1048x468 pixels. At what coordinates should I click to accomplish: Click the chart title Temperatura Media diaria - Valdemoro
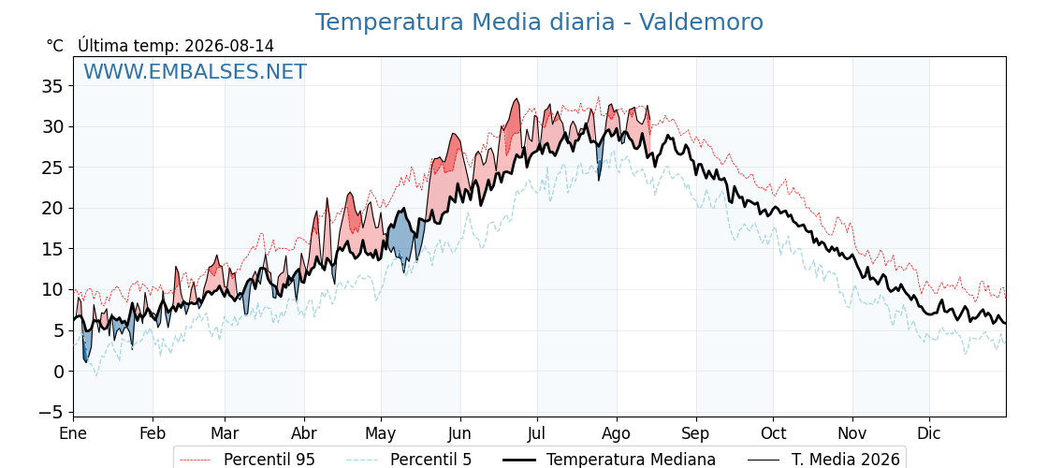tap(539, 22)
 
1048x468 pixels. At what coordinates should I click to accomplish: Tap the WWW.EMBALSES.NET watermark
tap(196, 71)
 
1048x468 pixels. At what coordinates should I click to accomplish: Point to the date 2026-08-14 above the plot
tap(229, 46)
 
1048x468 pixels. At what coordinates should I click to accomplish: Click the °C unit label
tap(55, 46)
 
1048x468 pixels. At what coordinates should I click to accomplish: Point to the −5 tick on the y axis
tap(51, 412)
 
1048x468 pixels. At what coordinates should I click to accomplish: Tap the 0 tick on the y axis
tap(59, 371)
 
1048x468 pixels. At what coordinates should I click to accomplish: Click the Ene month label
tap(74, 434)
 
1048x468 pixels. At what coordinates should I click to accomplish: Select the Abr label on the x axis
tap(304, 434)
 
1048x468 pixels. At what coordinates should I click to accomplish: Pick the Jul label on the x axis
tap(537, 434)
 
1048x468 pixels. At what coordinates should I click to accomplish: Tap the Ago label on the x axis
tap(617, 434)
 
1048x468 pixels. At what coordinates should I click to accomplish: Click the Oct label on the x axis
tap(773, 434)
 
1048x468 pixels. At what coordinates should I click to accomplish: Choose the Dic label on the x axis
tap(929, 434)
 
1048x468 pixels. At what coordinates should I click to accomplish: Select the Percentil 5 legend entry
tap(410, 460)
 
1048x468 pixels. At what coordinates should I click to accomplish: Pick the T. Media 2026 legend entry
tap(824, 460)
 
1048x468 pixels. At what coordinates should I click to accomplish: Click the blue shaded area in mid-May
tap(402, 235)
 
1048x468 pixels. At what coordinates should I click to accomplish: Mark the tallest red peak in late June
tap(516, 100)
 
